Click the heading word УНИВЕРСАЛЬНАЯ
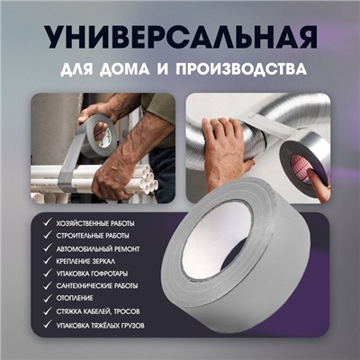(x=180, y=38)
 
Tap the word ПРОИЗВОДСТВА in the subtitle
(x=241, y=69)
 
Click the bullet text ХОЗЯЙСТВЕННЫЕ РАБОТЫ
(x=95, y=224)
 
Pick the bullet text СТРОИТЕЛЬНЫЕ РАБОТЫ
(x=93, y=236)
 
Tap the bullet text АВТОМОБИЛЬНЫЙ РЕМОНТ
(x=98, y=249)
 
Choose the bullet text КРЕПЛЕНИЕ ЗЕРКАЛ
(x=85, y=261)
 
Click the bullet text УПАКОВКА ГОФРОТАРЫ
(x=92, y=274)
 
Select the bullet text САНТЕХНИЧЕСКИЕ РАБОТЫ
(x=97, y=286)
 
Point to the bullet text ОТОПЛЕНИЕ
(x=75, y=299)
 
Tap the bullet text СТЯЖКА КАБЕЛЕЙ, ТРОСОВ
(x=98, y=311)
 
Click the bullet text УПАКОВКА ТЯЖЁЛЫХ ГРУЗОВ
(x=100, y=325)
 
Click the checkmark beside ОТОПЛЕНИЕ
(x=48, y=298)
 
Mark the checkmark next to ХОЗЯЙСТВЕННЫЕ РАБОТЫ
(x=48, y=223)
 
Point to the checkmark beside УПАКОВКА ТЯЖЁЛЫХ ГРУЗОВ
(x=48, y=325)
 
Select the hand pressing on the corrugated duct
(x=223, y=147)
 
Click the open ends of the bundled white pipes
(x=148, y=180)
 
